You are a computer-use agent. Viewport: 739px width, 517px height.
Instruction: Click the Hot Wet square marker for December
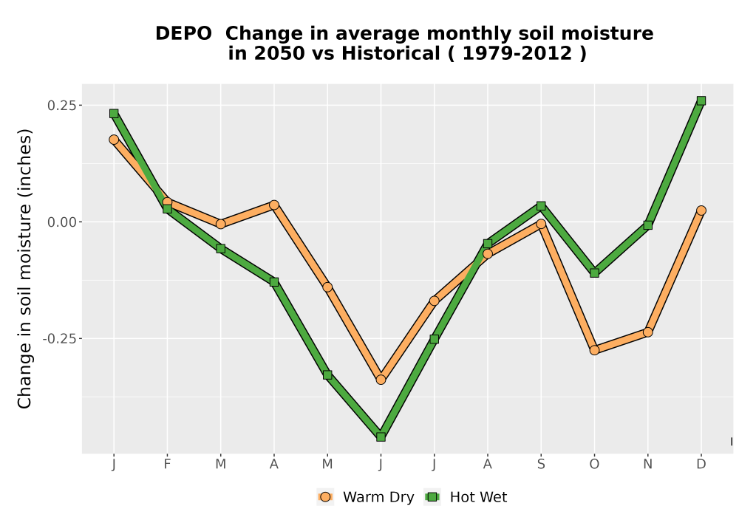click(x=701, y=100)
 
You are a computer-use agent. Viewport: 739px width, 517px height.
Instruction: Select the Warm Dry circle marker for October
click(x=594, y=350)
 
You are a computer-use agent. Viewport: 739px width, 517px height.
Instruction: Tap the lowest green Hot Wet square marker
click(x=381, y=437)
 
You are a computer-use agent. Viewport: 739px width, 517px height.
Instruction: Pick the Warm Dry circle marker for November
click(x=647, y=332)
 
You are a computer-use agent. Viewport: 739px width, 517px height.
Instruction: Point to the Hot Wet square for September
click(x=541, y=206)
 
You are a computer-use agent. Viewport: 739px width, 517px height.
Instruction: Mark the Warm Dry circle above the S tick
click(x=541, y=224)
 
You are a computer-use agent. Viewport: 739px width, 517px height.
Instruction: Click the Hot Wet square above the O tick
click(x=594, y=273)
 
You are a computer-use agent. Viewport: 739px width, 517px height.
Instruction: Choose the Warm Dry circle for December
click(x=701, y=210)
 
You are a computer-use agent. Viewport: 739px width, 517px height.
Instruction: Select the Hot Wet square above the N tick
click(x=647, y=225)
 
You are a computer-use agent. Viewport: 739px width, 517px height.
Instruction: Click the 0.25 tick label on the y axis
click(x=62, y=106)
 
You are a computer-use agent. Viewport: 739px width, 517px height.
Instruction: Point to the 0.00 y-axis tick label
click(x=62, y=222)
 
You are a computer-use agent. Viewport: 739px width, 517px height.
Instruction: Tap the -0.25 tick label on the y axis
click(x=59, y=339)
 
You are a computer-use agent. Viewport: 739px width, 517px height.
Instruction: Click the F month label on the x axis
click(x=167, y=465)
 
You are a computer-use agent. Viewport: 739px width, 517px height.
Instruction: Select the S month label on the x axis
click(x=541, y=465)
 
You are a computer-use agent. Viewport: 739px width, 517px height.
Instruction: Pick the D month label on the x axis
click(x=701, y=465)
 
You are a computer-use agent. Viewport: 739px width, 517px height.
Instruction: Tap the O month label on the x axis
click(x=594, y=465)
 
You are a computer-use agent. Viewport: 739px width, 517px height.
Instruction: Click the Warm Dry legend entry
click(x=366, y=497)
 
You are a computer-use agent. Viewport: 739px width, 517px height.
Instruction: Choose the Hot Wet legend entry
click(x=466, y=497)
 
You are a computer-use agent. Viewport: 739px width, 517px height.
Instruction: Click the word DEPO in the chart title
click(x=183, y=34)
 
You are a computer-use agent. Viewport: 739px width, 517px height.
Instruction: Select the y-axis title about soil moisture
click(x=24, y=268)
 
